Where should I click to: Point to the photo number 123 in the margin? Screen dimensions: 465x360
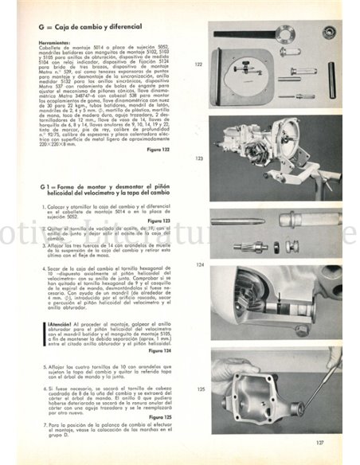click(x=199, y=158)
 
